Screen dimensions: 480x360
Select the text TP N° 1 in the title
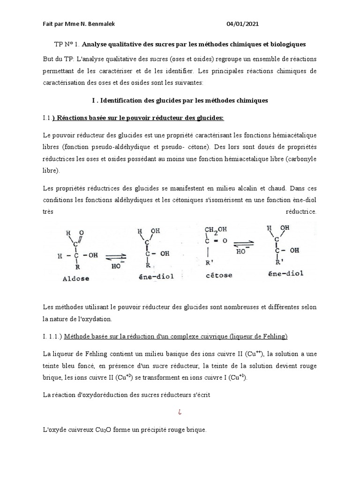(67, 44)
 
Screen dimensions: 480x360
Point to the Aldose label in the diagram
(75, 278)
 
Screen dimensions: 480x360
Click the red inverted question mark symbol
(180, 412)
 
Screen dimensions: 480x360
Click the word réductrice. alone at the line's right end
(301, 211)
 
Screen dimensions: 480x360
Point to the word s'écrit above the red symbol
(200, 395)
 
